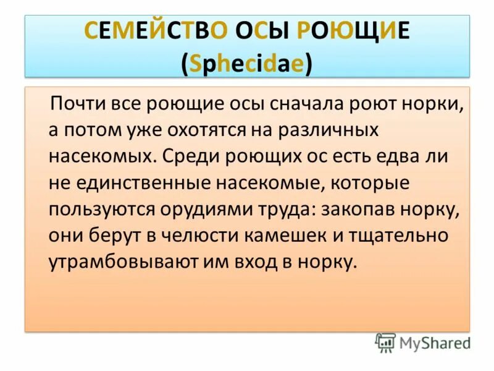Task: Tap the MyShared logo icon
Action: [x=385, y=342]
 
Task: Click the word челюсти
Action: [x=178, y=235]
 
